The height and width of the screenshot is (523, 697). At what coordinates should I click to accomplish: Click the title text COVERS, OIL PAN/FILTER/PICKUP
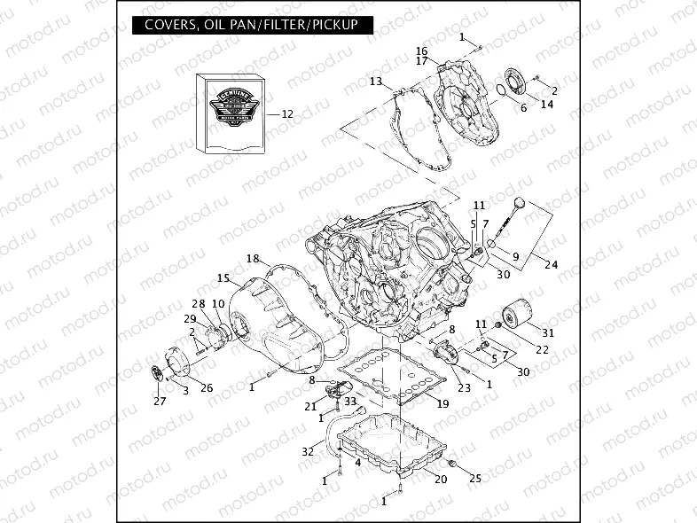click(245, 25)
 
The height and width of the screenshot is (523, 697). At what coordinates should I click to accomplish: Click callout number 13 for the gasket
click(376, 82)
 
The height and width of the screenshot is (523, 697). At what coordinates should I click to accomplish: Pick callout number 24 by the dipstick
click(551, 265)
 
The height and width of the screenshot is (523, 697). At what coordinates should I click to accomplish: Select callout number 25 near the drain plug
click(474, 479)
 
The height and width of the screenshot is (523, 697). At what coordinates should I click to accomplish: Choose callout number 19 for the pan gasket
click(442, 403)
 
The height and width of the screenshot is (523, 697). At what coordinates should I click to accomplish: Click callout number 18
click(253, 259)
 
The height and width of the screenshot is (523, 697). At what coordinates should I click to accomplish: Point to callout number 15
click(223, 277)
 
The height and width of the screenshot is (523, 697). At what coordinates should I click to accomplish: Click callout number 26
click(206, 387)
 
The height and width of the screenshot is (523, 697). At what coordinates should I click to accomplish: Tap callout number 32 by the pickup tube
click(307, 451)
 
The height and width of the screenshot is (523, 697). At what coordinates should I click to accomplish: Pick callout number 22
click(542, 350)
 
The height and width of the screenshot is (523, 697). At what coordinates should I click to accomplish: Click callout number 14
click(547, 104)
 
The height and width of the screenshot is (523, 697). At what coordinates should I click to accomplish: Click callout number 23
click(463, 387)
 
